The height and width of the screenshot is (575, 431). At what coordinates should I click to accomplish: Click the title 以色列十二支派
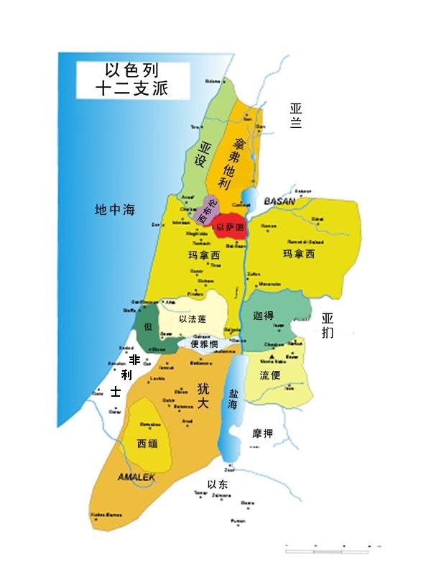[x=132, y=80]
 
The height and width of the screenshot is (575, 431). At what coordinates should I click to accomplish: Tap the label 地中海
[x=115, y=211]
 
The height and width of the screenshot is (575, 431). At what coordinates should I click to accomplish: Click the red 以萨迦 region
[x=231, y=226]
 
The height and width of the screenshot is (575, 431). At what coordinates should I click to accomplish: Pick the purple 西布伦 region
[x=207, y=211]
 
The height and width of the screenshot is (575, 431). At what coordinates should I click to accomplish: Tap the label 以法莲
[x=193, y=318]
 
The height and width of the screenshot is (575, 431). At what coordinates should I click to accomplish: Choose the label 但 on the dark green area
[x=149, y=326]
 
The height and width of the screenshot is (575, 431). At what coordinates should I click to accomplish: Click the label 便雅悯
[x=204, y=344]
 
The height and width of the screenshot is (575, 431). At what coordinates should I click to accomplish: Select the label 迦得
[x=264, y=316]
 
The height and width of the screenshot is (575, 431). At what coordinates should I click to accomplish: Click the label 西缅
[x=147, y=443]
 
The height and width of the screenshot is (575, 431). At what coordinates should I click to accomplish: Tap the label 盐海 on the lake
[x=233, y=400]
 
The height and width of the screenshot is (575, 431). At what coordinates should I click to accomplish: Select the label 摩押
[x=262, y=433]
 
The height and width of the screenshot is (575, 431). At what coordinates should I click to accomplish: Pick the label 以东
[x=217, y=484]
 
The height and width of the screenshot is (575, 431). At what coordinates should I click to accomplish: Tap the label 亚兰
[x=295, y=116]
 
